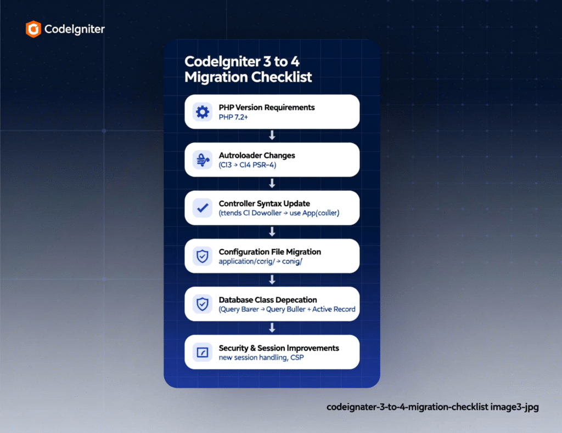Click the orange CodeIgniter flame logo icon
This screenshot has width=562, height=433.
33,29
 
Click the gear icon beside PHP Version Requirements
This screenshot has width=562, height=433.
203,112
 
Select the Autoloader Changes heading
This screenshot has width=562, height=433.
256,155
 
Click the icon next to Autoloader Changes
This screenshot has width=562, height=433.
203,160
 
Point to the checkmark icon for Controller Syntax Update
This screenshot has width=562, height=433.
203,208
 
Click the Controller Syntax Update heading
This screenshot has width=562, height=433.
264,203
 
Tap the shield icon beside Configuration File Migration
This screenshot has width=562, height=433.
203,256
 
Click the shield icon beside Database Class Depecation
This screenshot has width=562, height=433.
203,304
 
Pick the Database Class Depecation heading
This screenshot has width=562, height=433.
268,300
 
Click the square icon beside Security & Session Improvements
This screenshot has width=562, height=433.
203,352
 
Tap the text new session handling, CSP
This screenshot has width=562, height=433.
261,357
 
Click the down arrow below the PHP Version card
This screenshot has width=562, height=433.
272,135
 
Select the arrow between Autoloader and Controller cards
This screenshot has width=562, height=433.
272,184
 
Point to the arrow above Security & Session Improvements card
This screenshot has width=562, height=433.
272,328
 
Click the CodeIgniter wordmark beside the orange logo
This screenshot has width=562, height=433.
74,29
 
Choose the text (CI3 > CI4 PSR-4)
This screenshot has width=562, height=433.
247,165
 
